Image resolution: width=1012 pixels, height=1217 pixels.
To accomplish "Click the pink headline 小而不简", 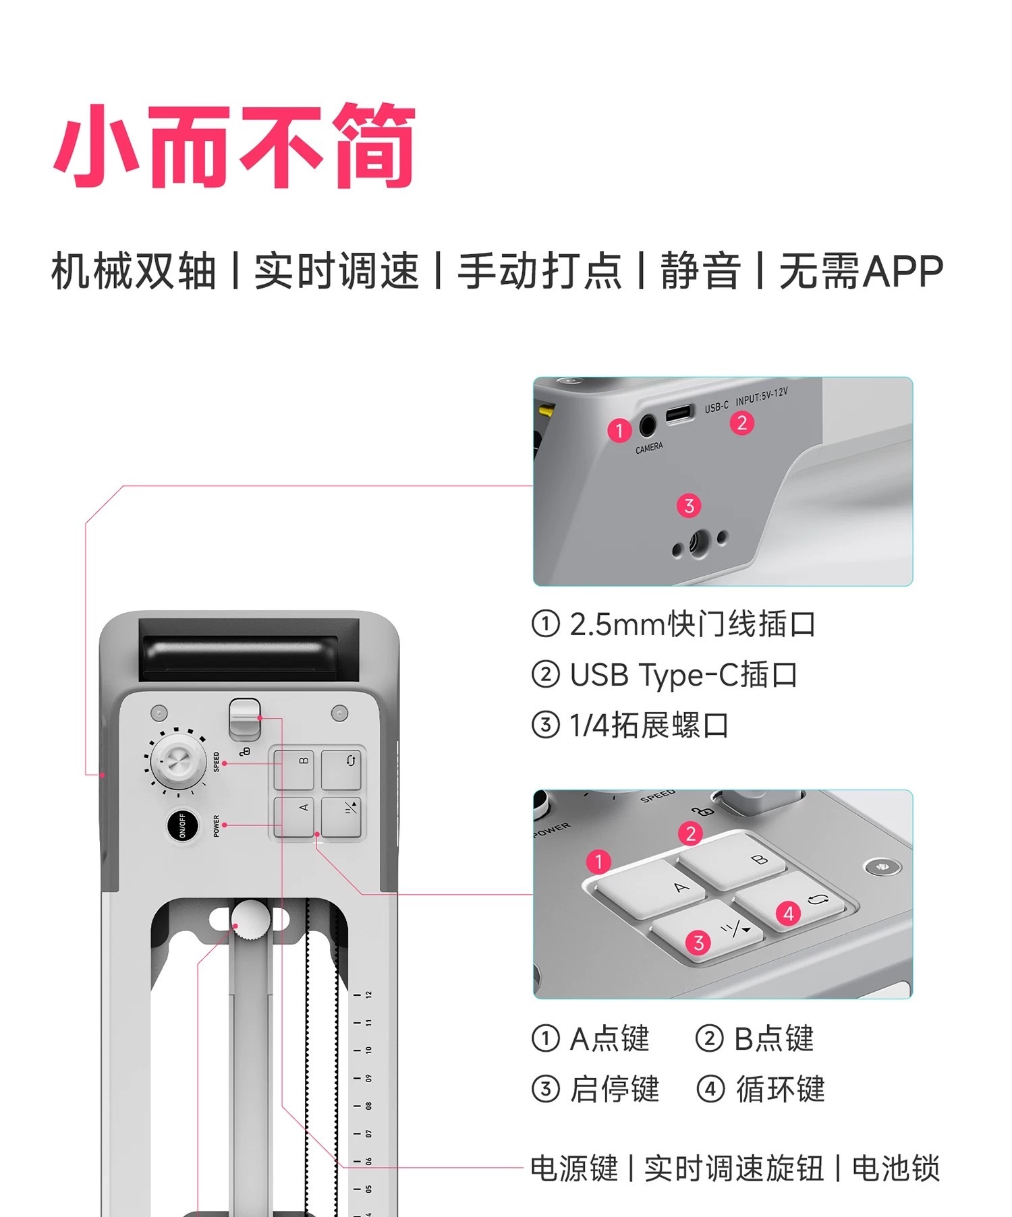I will pyautogui.click(x=234, y=146).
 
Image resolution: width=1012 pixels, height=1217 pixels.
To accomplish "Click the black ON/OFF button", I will pyautogui.click(x=182, y=825).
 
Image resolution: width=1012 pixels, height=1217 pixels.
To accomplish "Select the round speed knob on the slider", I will pyautogui.click(x=177, y=763).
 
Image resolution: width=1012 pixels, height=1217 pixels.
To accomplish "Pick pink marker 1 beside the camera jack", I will pyautogui.click(x=619, y=430).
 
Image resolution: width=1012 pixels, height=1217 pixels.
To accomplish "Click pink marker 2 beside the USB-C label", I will pyautogui.click(x=741, y=423).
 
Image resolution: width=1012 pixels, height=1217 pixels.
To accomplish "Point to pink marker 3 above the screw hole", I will pyautogui.click(x=689, y=506).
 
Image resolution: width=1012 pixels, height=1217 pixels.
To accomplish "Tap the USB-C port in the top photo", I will pyautogui.click(x=680, y=413).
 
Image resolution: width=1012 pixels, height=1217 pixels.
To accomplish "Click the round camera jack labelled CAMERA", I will pyautogui.click(x=648, y=425).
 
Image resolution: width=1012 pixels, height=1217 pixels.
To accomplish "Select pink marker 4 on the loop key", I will pyautogui.click(x=788, y=914).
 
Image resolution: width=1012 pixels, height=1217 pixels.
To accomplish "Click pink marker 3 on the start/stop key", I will pyautogui.click(x=698, y=943).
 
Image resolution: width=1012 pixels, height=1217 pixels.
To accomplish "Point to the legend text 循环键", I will pyautogui.click(x=780, y=1089).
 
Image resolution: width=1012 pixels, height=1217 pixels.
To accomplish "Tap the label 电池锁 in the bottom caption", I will pyautogui.click(x=896, y=1168).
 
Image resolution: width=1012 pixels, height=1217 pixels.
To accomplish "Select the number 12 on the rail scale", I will pyautogui.click(x=368, y=995).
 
